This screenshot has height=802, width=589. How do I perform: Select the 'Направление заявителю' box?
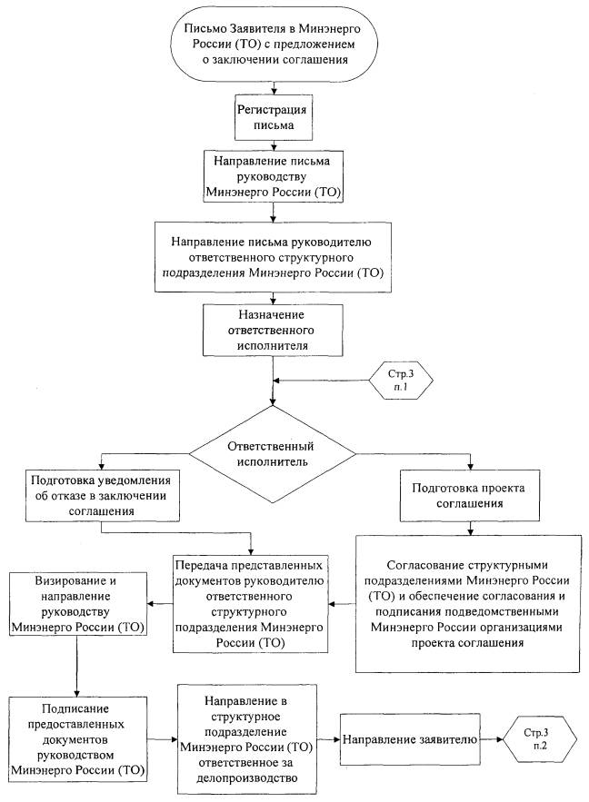pos(410,741)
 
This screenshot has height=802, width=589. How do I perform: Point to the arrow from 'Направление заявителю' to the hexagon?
pos(496,741)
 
